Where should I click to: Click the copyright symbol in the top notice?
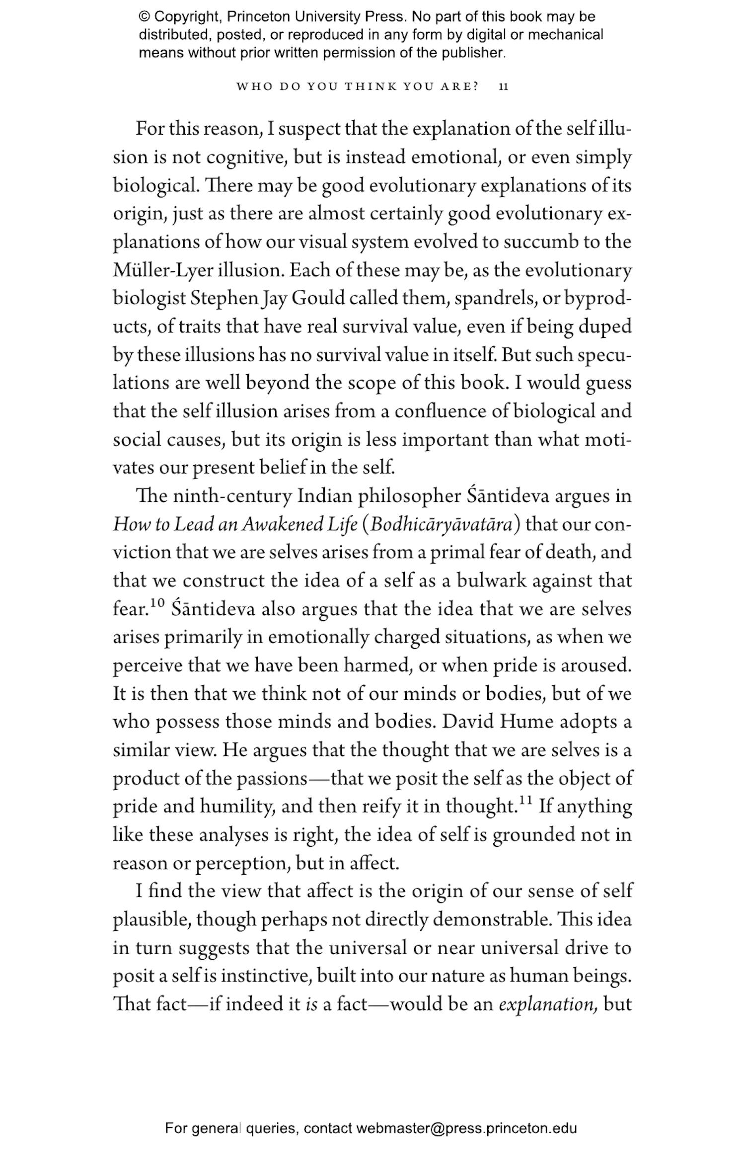[145, 17]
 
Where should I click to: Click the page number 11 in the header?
[503, 86]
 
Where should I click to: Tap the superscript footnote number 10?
[157, 603]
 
